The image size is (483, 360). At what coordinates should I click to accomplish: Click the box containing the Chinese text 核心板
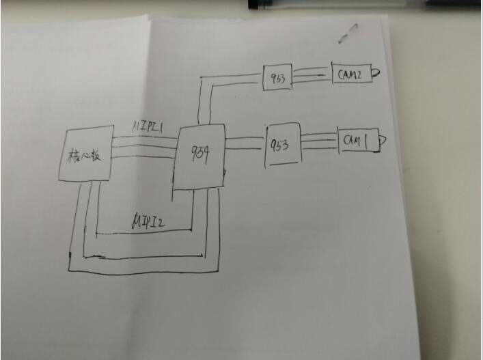pos(85,154)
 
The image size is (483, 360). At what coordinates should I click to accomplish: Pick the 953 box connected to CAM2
pos(278,77)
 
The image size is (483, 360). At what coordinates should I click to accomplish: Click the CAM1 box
pos(357,141)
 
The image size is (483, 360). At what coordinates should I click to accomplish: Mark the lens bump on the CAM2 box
pos(376,71)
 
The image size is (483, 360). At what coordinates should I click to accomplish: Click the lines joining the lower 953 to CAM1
pos(319,141)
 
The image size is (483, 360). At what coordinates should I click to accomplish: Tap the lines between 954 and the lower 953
pos(245,143)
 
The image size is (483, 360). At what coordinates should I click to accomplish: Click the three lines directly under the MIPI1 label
pos(143,146)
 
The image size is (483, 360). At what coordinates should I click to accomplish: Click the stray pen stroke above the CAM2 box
pos(351,31)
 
